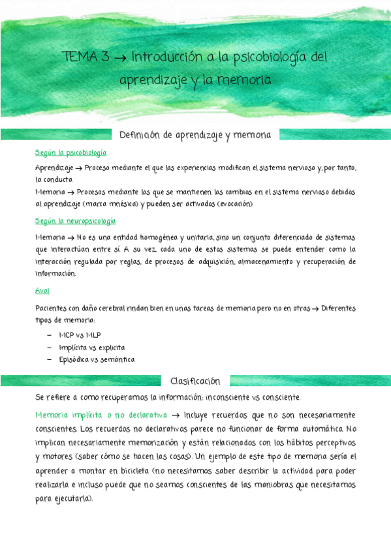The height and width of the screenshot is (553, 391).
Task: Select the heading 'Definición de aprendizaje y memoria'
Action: (x=196, y=134)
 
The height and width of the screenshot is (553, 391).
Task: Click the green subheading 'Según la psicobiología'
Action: (x=71, y=153)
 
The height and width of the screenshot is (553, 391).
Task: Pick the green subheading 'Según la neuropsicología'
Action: (x=76, y=221)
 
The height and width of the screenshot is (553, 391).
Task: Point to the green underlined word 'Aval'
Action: (x=42, y=290)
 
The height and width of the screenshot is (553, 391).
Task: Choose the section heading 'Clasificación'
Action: (x=195, y=381)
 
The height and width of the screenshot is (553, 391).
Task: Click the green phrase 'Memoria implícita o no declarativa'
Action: (x=101, y=415)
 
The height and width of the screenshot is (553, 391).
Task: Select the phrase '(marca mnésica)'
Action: (x=110, y=204)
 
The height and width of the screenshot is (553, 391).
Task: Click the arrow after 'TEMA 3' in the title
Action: (x=119, y=57)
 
